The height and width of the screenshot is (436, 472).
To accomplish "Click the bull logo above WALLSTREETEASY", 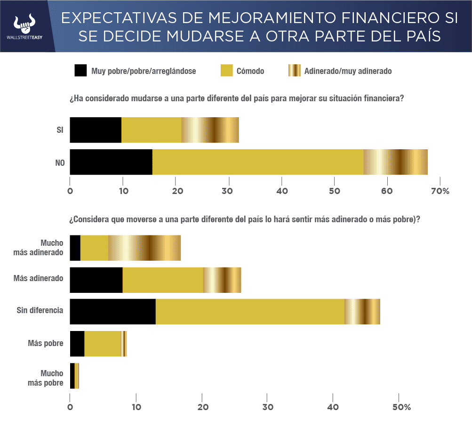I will tap(25, 23).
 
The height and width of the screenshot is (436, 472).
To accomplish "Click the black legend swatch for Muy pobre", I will tap(80, 71).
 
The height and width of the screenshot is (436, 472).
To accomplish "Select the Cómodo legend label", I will tap(251, 71).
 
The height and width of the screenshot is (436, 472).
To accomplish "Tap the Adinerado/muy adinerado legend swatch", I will tap(294, 71).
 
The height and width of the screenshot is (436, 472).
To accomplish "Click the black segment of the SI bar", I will tap(96, 130).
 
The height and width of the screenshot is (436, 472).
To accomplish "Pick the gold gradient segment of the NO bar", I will tap(395, 162).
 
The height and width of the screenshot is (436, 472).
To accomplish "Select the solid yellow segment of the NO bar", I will tap(258, 162).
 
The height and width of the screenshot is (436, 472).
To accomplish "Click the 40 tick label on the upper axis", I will tap(281, 191).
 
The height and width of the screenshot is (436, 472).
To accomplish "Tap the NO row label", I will tap(59, 162).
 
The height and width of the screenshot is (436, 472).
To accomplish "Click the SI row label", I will tap(60, 130).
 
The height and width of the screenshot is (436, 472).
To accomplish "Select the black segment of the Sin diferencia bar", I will tap(112, 312).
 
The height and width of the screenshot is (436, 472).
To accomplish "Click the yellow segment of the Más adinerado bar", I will tap(162, 280).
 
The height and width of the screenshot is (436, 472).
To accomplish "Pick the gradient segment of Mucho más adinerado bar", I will tap(144, 248).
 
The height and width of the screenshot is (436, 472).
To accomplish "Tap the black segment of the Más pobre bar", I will tap(77, 344).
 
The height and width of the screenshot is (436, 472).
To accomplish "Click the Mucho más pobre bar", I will tap(74, 376).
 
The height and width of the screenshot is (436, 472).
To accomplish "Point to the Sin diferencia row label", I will tap(40, 311).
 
